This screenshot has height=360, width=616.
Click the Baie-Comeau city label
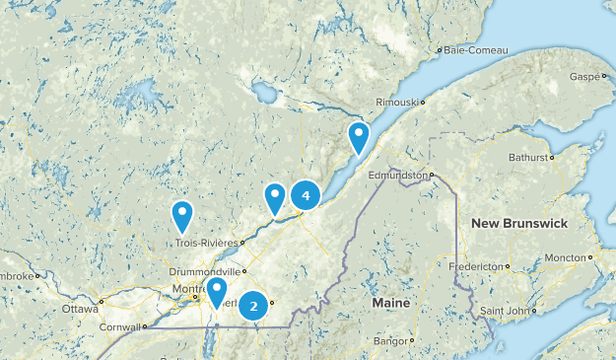tap(472, 49)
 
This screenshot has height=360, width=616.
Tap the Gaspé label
tap(582, 76)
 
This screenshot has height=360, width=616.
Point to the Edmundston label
tap(397, 175)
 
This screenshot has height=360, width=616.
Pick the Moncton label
tap(564, 257)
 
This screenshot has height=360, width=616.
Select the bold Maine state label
tap(390, 303)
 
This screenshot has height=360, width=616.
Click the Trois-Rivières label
tap(207, 242)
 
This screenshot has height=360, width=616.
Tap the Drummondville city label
tap(217, 270)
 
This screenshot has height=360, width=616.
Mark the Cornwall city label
tap(119, 327)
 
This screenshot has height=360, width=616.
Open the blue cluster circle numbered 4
tap(307, 196)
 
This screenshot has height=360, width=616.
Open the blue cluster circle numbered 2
tap(254, 307)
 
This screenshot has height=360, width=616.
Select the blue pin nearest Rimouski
tap(359, 137)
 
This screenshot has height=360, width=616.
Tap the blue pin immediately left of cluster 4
tap(275, 197)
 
